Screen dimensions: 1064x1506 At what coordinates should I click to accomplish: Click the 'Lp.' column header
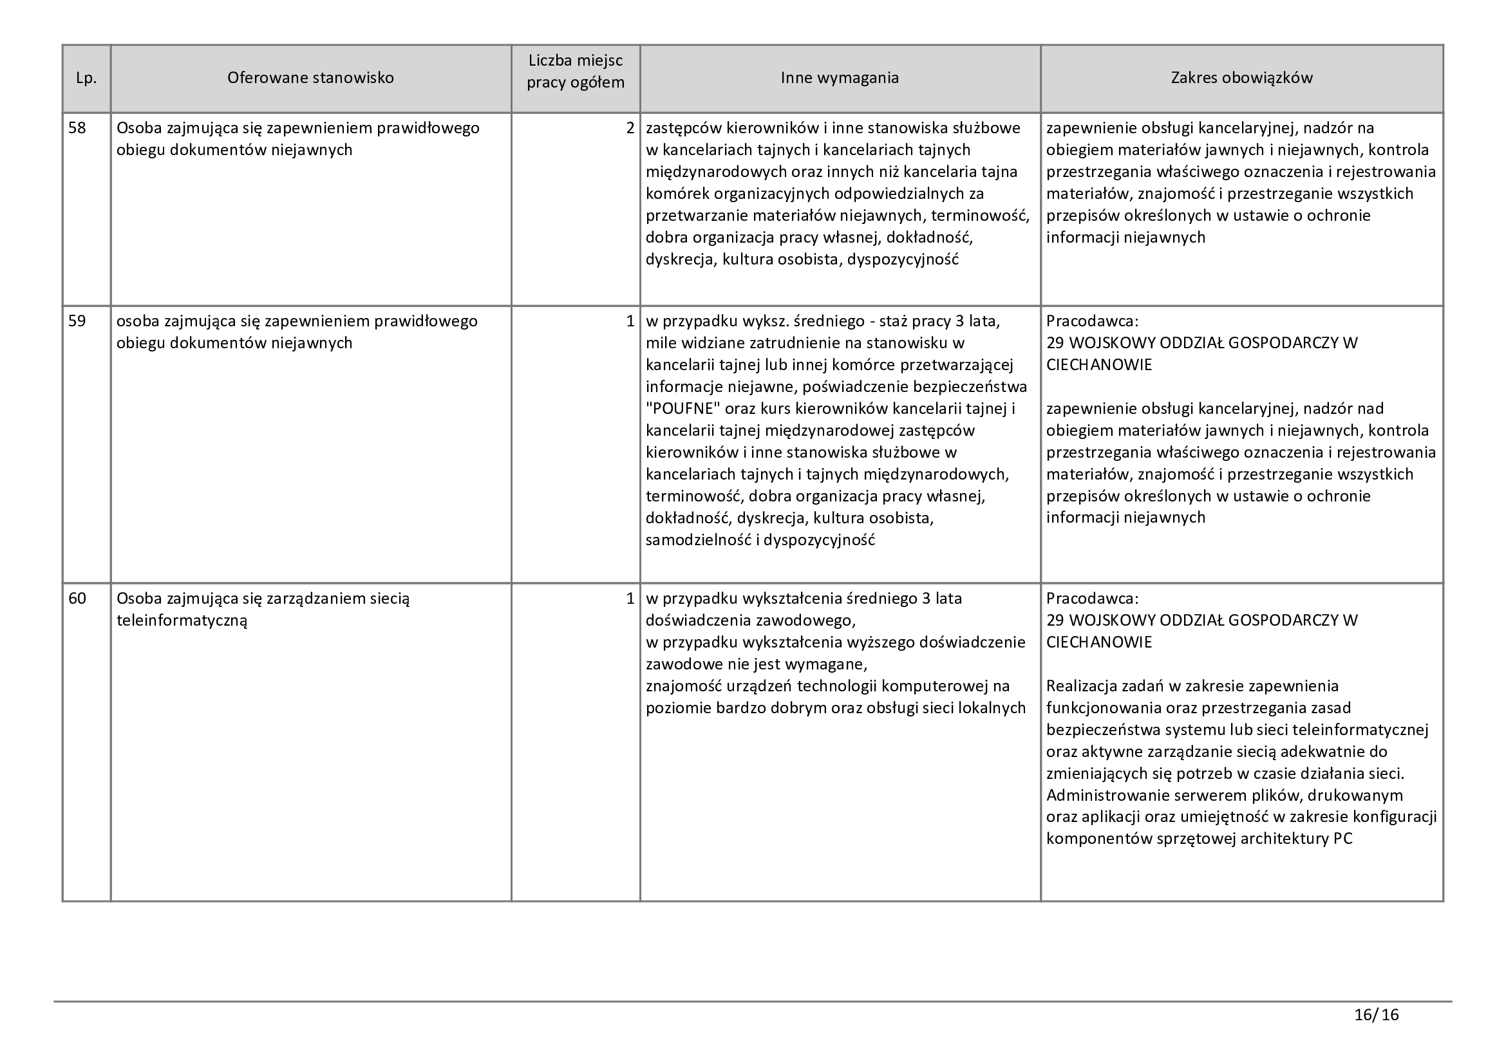coord(86,79)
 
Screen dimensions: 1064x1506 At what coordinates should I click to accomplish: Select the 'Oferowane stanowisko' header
coord(310,78)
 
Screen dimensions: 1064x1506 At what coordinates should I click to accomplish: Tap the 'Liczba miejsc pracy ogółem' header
coord(575,72)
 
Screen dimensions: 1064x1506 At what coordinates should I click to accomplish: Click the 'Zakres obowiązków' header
coord(1241,78)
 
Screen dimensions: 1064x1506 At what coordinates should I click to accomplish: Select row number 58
coord(77,128)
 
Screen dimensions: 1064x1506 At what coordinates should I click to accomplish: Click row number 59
coord(77,321)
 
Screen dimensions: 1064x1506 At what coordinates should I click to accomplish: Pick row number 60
coord(77,599)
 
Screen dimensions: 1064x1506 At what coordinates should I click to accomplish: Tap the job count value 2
coord(630,128)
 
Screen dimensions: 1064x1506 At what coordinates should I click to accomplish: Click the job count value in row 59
coord(630,321)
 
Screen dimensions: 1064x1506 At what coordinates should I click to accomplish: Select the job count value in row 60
coord(630,599)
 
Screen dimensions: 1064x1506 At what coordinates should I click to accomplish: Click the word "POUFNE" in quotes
coord(684,409)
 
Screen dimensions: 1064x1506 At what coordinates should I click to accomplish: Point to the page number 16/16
coord(1376,1016)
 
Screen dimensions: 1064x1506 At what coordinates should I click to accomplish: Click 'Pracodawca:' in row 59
coord(1092,321)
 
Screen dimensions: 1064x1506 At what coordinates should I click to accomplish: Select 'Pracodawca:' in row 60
coord(1092,599)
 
